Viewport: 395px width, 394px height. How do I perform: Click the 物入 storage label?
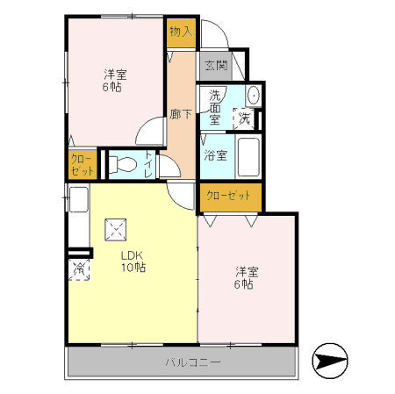[x=180, y=32]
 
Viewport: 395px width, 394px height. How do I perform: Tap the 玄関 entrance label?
[x=217, y=65]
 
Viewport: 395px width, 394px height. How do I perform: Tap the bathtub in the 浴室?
[x=248, y=156]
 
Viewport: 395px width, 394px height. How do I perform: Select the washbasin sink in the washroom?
[x=253, y=96]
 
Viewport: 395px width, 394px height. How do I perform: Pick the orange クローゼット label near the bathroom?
[x=230, y=197]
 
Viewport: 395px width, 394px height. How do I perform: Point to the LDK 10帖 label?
[x=133, y=261]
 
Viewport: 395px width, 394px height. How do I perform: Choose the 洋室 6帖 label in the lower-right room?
[x=244, y=277]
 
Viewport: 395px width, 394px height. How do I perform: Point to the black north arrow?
[x=329, y=359]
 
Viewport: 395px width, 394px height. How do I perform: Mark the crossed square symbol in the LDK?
[x=116, y=231]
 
